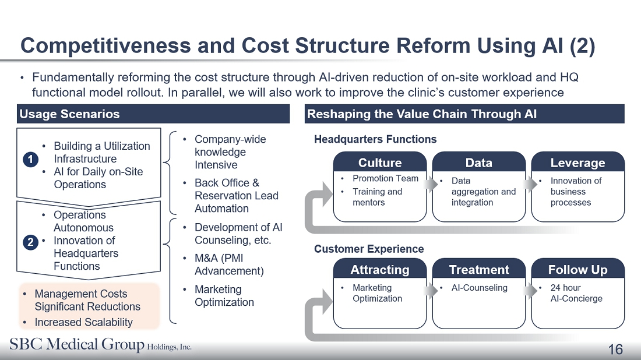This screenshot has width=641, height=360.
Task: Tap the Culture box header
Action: point(380,163)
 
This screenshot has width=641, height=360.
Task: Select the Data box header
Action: point(479,163)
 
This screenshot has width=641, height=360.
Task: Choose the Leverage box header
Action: point(577,163)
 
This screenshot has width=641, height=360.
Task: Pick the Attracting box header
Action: point(380,270)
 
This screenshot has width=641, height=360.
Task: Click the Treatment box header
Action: point(479,270)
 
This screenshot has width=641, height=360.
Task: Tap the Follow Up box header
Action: point(577,270)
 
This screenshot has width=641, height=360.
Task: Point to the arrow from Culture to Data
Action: point(430,184)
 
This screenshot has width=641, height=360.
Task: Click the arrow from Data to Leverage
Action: point(529,184)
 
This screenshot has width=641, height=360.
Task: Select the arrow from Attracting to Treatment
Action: point(430,290)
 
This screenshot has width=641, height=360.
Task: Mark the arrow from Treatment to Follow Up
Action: point(529,290)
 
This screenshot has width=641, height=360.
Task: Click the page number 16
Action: point(615,350)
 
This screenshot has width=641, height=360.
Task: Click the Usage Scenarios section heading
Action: point(69,114)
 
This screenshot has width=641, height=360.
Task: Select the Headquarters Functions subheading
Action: point(375,139)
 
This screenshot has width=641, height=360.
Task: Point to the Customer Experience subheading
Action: point(369,249)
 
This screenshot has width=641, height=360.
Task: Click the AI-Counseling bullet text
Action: point(479,288)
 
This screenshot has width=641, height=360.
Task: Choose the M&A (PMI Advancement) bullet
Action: point(229,264)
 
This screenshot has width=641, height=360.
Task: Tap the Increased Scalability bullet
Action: point(83,322)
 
